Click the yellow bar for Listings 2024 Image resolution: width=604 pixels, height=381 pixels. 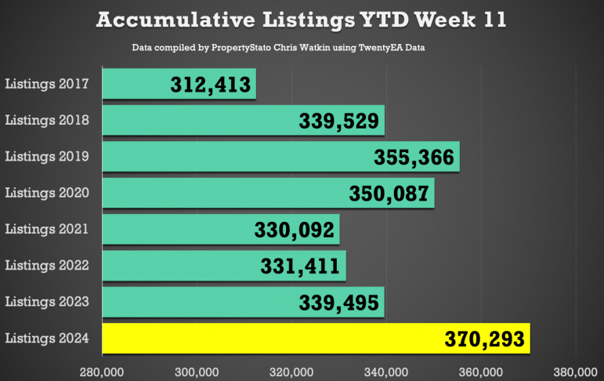[316, 338]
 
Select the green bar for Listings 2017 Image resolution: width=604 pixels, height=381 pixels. [179, 84]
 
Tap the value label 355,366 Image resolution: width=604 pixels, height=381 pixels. [414, 158]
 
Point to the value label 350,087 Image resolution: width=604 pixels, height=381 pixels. [389, 194]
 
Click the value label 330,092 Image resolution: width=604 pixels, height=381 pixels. [295, 230]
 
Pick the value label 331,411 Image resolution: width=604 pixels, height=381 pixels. [300, 266]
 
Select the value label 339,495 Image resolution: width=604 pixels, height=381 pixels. [339, 303]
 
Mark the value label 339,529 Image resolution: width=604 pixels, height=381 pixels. [339, 121]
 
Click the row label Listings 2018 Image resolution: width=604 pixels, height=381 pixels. [47, 120]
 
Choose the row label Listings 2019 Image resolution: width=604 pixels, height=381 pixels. [47, 157]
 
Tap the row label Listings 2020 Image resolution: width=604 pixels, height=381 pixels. [47, 193]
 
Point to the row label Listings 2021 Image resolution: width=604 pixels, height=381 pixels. [47, 229]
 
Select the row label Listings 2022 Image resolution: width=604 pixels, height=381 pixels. [47, 265]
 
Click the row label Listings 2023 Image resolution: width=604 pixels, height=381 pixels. [47, 302]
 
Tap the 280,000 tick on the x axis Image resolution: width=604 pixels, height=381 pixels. [102, 372]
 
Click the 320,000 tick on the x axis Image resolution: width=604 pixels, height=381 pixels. [291, 372]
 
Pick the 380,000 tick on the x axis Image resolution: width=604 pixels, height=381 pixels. [576, 372]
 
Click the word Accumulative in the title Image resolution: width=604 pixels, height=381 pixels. [175, 20]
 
